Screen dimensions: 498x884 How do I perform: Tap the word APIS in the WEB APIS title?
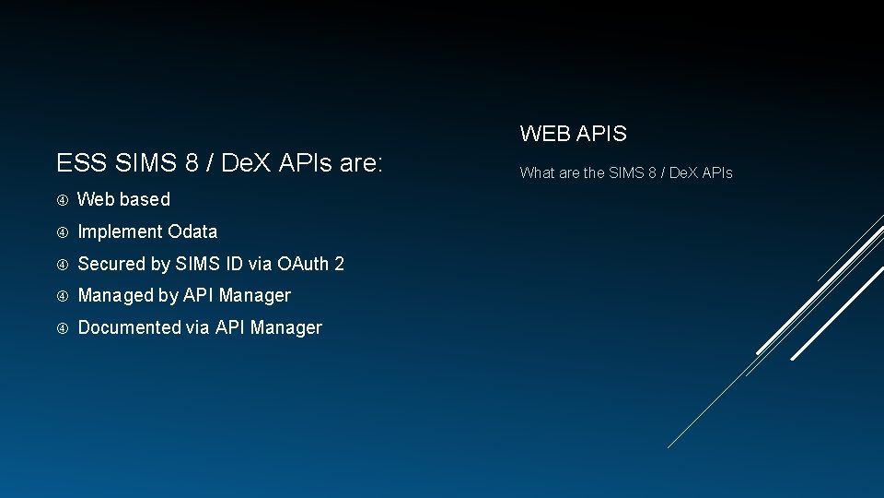tap(601, 134)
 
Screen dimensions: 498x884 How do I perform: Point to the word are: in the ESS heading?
tap(361, 164)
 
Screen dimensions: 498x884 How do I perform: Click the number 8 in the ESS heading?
tap(192, 164)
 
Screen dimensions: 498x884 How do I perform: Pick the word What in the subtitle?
tap(537, 172)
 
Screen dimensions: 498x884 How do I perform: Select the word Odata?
tap(192, 231)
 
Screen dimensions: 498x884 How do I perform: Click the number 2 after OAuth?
tap(339, 264)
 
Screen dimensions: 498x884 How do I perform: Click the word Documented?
tap(130, 327)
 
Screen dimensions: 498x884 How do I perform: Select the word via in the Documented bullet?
tap(198, 327)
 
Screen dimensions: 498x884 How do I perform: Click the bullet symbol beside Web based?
tap(63, 199)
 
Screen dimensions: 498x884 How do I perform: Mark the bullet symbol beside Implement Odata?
tap(63, 231)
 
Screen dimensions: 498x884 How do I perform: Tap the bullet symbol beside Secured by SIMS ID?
tap(63, 264)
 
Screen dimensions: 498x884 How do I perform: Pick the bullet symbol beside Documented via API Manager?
tap(63, 327)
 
